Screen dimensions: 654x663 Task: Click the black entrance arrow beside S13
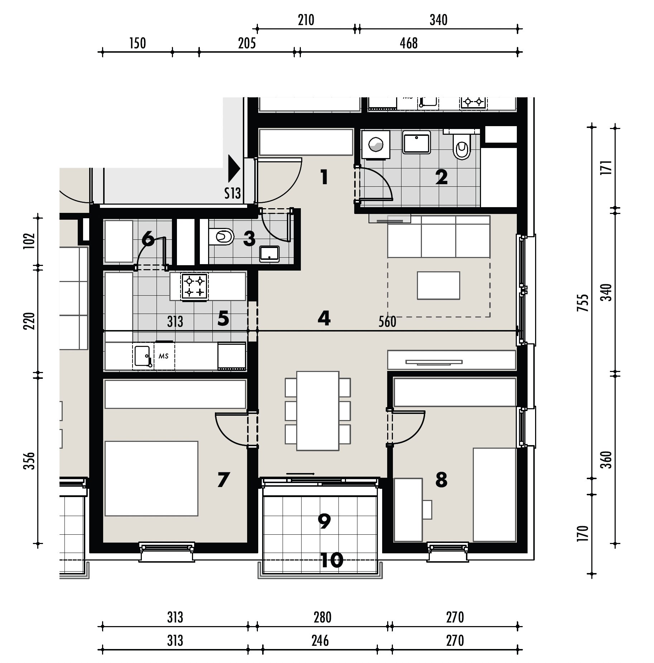pos(234,168)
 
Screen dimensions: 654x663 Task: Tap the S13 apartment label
pos(232,194)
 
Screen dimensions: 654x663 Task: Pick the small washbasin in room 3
pos(269,254)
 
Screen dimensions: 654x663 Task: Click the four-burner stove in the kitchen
pos(194,286)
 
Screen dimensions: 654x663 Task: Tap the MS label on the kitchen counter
pos(164,357)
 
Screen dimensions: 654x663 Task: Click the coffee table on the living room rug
pos(438,285)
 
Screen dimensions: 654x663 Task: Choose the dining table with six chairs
pos(318,411)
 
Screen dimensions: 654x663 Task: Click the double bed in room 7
pos(151,478)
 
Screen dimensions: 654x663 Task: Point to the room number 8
pos(441,480)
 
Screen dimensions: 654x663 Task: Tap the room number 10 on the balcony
pos(332,560)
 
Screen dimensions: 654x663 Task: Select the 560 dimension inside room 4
pos(387,322)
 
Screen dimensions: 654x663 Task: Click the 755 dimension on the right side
pos(584,303)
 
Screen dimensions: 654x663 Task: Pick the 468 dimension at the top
pos(409,43)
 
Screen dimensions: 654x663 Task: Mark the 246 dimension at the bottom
pos(320,641)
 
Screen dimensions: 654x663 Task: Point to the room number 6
pos(148,239)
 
